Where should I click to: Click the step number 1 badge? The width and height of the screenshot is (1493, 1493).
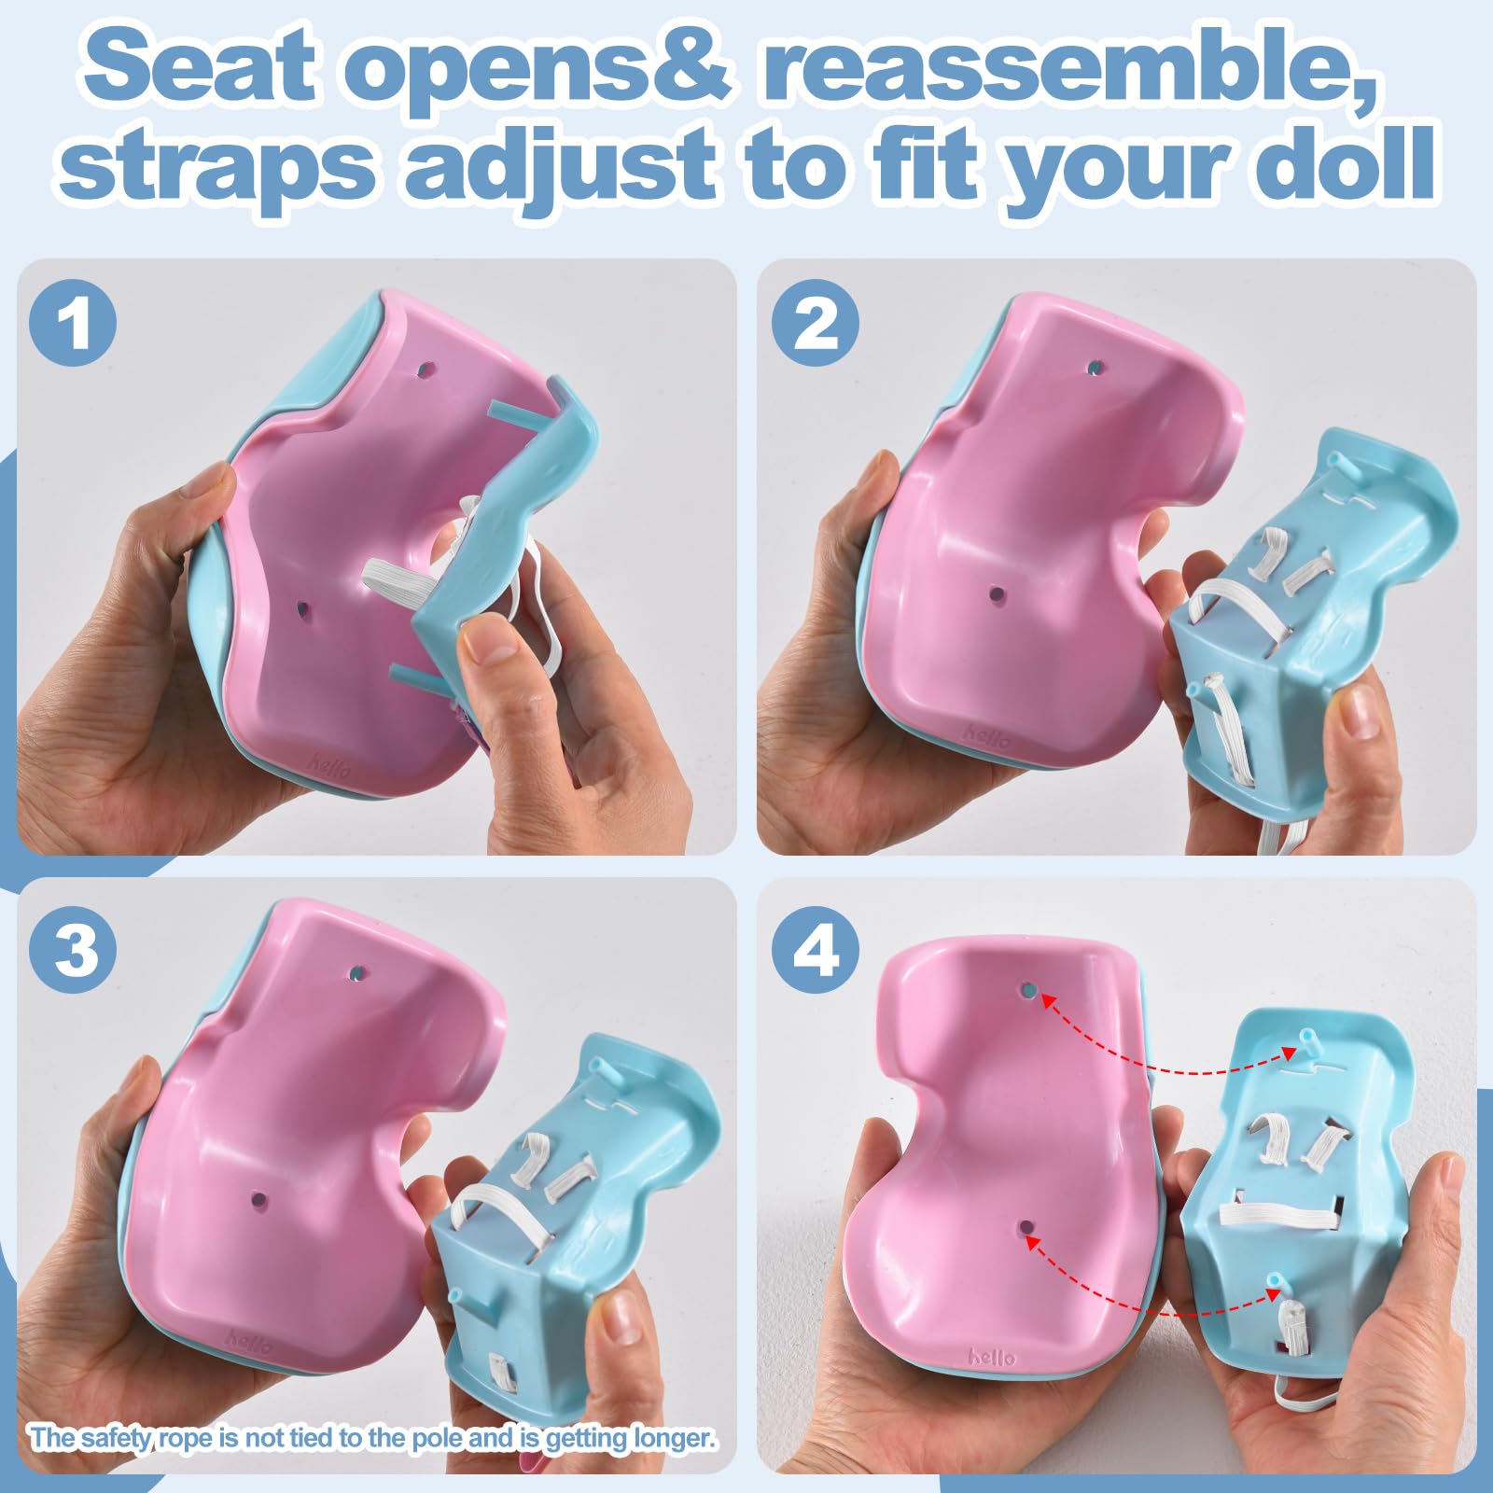[x=74, y=324]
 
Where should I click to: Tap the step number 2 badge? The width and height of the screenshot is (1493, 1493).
[x=816, y=324]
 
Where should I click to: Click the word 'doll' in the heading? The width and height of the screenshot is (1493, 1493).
[x=1340, y=164]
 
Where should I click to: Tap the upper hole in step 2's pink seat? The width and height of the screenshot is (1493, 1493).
[x=1094, y=367]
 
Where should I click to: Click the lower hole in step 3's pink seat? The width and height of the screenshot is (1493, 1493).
[x=258, y=1199]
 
